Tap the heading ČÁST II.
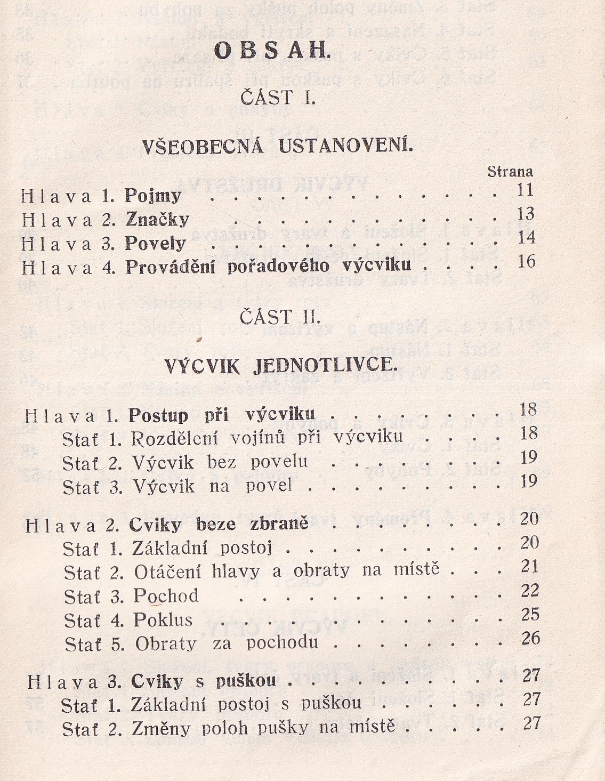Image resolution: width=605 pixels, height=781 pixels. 280,318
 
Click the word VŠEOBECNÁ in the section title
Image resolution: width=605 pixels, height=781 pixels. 203,146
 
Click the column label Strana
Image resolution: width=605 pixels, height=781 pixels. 510,172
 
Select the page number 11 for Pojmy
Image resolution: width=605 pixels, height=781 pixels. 525,190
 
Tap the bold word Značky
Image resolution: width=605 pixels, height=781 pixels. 157,220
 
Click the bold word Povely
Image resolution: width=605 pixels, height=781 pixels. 155,244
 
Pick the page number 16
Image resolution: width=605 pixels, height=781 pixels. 526,262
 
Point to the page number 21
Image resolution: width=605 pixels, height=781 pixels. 530,567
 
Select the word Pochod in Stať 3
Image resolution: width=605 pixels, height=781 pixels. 166,595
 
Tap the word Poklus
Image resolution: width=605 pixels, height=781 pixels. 163,620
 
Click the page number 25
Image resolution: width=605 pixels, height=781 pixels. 530,615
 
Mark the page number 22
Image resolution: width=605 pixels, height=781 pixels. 530,591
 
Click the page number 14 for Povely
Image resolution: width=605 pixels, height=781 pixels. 526,238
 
